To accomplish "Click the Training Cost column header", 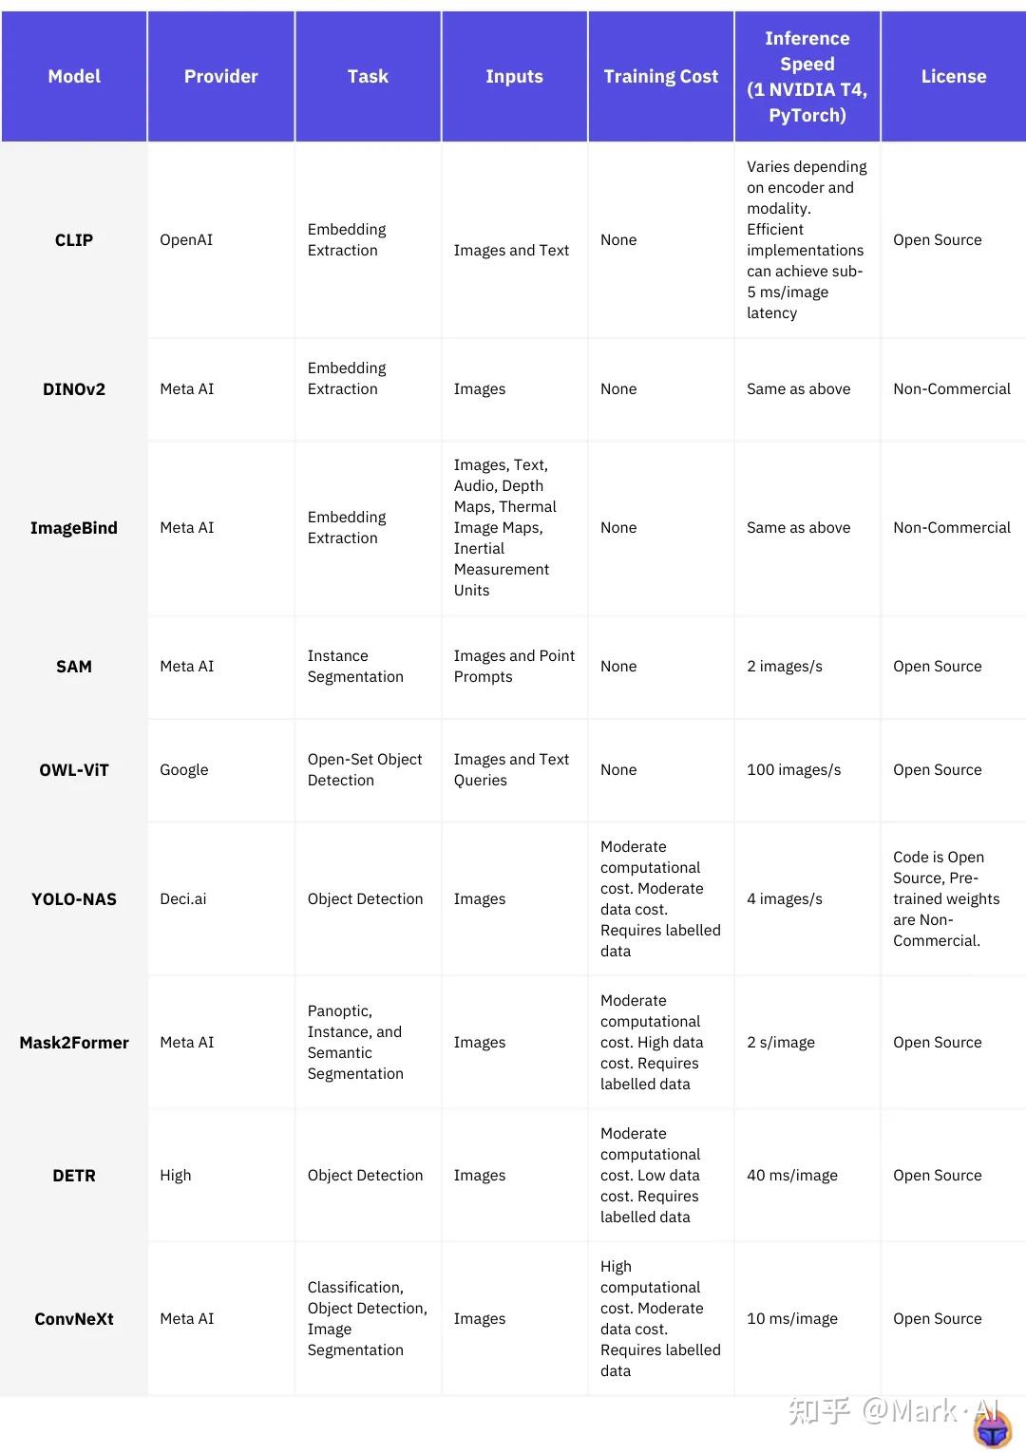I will pos(660,77).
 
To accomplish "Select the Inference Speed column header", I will pos(807,77).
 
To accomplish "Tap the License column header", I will pos(953,77).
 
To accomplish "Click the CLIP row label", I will pos(74,240).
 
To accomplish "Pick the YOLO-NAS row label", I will pos(74,899).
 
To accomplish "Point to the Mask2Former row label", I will pos(74,1043).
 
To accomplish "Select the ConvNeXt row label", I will pos(74,1319).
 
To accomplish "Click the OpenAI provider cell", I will pos(186,240).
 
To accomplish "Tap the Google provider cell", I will pos(184,770).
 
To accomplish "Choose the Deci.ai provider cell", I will pos(183,899).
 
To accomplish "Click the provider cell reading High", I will pos(176,1176).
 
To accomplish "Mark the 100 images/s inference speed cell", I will pos(794,770).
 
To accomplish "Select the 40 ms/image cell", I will pos(792,1176).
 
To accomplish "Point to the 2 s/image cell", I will pos(781,1043).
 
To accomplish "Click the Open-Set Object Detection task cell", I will pos(365,770).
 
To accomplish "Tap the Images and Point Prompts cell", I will pos(514,667).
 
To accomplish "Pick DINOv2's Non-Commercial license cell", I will pos(952,389).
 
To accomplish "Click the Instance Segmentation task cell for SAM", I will pos(355,667).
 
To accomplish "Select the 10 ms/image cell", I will pos(792,1319).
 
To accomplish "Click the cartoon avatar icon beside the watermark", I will pos(993,1428).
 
